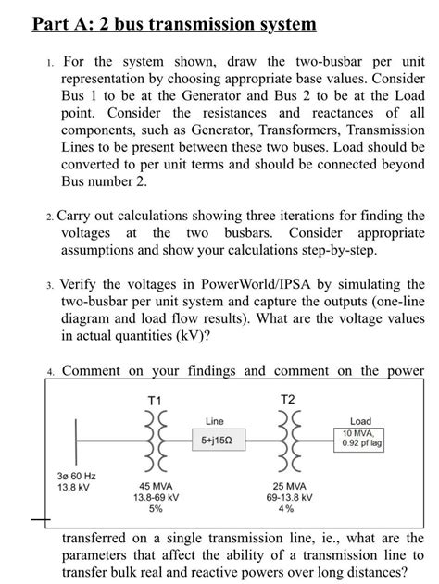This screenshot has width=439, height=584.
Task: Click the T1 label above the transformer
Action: pos(155,399)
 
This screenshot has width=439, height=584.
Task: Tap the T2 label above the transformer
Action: pos(289,399)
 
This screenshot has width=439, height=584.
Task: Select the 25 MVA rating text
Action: pos(289,486)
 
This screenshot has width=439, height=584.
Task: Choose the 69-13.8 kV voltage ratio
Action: pos(289,498)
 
